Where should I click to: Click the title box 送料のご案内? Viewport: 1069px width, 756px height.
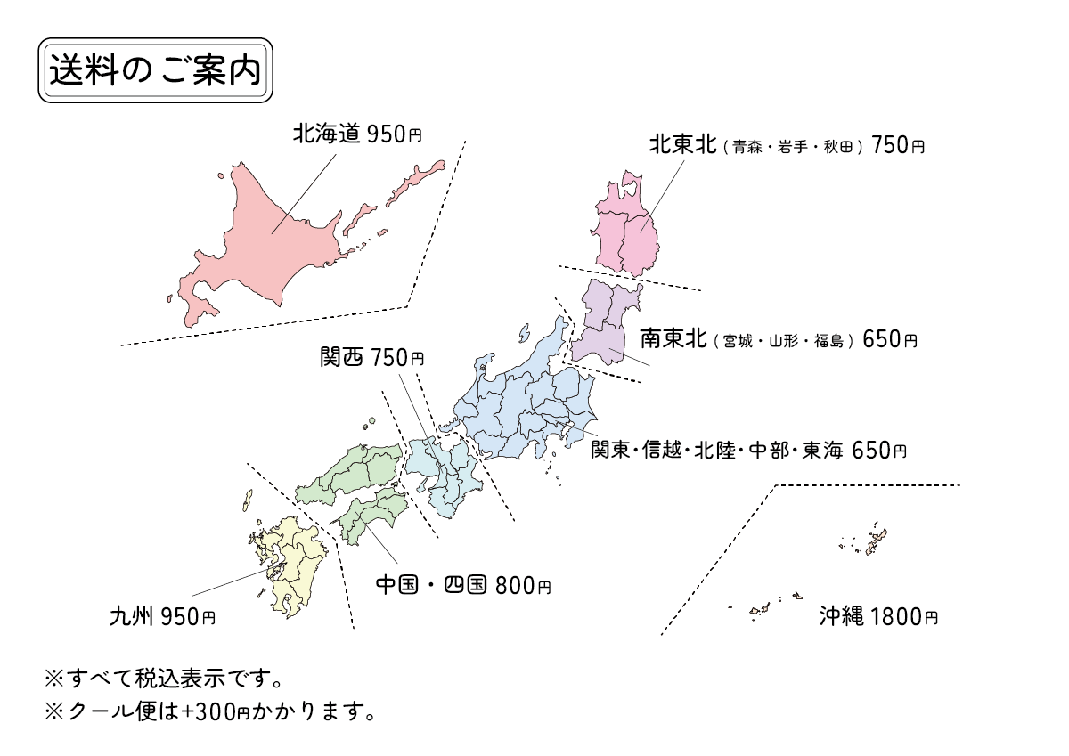click(155, 70)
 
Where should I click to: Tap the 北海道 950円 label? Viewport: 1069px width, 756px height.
click(357, 134)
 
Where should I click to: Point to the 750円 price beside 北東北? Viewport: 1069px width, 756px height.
click(898, 144)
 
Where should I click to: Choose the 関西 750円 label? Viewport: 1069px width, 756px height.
click(372, 357)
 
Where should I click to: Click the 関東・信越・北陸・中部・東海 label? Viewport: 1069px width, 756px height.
click(717, 450)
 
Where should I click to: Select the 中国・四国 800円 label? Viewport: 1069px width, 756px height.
click(463, 585)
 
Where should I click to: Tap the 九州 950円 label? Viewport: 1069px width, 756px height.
click(162, 615)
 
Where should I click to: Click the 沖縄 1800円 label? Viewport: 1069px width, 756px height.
click(878, 615)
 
